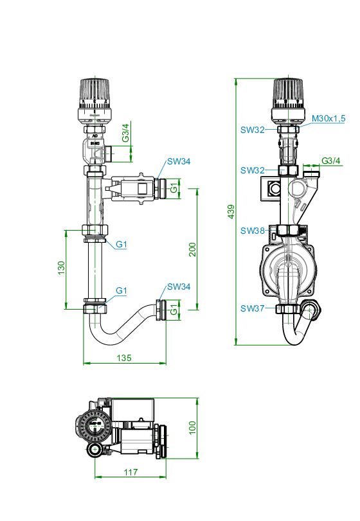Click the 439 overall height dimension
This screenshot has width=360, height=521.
point(231,211)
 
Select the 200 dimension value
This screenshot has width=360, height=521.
point(193,249)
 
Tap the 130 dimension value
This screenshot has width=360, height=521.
point(62,268)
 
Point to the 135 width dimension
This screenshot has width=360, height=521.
point(124,358)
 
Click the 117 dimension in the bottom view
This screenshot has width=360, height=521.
point(130,472)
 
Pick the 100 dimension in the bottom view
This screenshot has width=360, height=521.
point(192,428)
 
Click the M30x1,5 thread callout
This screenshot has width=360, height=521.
point(328,118)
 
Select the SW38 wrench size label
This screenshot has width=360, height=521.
point(253,231)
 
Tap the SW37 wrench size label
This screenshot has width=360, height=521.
point(253,308)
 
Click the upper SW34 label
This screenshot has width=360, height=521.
point(179,161)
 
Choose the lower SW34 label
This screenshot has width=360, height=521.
point(179,287)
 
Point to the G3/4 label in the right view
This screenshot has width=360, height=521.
point(331,161)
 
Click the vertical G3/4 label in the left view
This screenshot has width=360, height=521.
point(125,133)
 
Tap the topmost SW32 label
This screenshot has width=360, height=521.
point(253,130)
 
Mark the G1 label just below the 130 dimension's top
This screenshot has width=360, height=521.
point(122,245)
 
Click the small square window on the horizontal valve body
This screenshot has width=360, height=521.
point(143,188)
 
